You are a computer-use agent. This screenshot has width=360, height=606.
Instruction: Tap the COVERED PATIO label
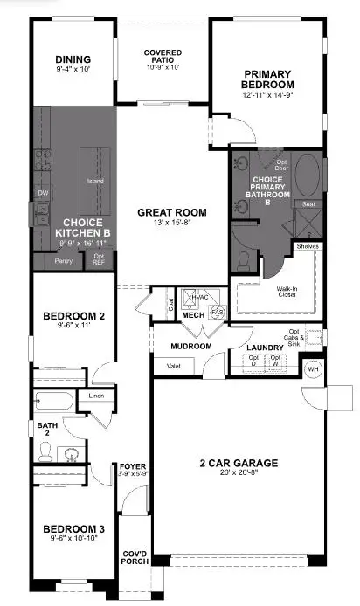pos(163,58)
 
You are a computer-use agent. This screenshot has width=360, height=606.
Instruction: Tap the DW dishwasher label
pos(42,193)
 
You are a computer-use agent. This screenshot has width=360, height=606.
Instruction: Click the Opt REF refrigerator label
pos(98,259)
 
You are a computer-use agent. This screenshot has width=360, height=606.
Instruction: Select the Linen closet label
pos(96,397)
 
